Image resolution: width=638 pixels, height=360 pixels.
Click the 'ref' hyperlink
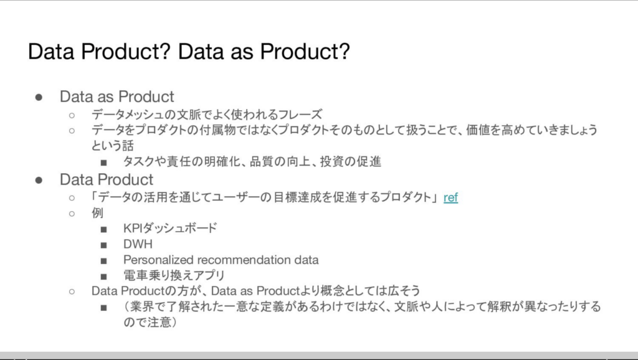[450, 197]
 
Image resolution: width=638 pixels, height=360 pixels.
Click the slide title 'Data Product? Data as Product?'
[189, 51]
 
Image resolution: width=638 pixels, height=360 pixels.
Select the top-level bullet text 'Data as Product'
[117, 97]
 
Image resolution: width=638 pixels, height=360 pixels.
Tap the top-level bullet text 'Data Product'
[106, 180]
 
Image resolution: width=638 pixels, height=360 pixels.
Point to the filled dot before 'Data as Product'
[39, 97]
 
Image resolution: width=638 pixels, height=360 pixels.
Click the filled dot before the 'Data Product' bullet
[39, 180]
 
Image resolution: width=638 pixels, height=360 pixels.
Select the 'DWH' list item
[138, 244]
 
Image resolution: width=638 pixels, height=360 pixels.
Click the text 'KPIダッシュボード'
[170, 228]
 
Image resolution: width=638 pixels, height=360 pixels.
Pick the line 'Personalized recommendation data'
[221, 260]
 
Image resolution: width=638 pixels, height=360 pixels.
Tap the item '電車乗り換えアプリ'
[174, 275]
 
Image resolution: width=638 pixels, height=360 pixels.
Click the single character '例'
[97, 213]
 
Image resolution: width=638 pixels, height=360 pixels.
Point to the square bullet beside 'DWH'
[104, 245]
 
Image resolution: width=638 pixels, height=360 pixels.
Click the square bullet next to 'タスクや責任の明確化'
[104, 163]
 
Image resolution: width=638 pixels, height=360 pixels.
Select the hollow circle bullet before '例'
[72, 214]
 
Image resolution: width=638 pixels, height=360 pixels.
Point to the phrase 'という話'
[113, 146]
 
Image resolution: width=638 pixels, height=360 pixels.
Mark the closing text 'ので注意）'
[150, 322]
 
